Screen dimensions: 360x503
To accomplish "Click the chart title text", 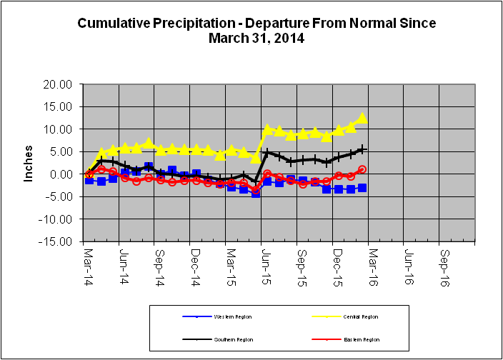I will tap(257, 31).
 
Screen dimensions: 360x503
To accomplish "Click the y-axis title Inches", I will tap(29, 164).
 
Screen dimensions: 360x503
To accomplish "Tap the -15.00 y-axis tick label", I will tap(58, 241).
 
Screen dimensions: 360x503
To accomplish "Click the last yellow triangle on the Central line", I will tap(362, 118).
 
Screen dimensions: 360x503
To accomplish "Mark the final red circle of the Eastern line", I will tap(362, 169).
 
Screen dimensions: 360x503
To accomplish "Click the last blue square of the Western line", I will tap(362, 188).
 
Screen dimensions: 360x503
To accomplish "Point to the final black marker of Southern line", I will tap(362, 149).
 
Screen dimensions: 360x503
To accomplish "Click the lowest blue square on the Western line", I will tap(255, 193).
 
